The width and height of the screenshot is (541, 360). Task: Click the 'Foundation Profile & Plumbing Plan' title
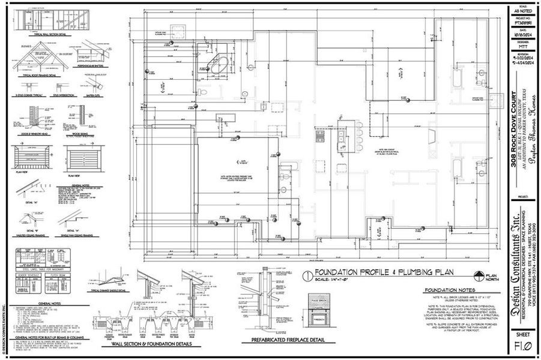click(372, 274)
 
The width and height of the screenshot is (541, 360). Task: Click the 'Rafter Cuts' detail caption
click(94, 94)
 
